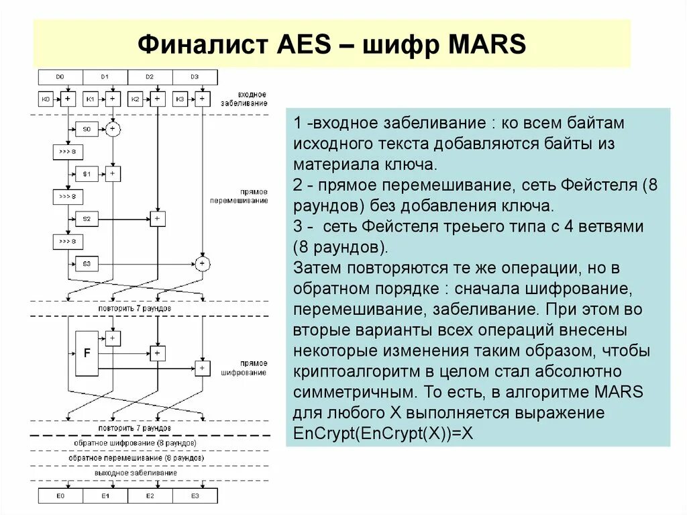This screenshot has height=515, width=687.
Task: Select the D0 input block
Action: [60, 77]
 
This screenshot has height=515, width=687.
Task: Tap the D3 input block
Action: [195, 77]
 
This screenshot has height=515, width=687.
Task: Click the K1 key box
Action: [90, 99]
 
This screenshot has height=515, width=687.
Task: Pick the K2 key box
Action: [135, 99]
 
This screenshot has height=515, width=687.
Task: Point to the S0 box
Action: [87, 128]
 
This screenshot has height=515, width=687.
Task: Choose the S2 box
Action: [87, 219]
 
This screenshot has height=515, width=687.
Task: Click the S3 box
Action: [87, 263]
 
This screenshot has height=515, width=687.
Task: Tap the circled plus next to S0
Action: [112, 128]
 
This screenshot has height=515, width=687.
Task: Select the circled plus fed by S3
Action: [201, 263]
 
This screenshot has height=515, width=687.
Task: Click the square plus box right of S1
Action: [112, 174]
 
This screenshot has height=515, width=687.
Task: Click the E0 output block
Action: [60, 496]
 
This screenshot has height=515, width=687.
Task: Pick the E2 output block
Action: [150, 496]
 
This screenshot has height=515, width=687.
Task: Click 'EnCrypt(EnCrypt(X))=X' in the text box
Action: [384, 433]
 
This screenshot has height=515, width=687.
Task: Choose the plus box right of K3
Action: [201, 99]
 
